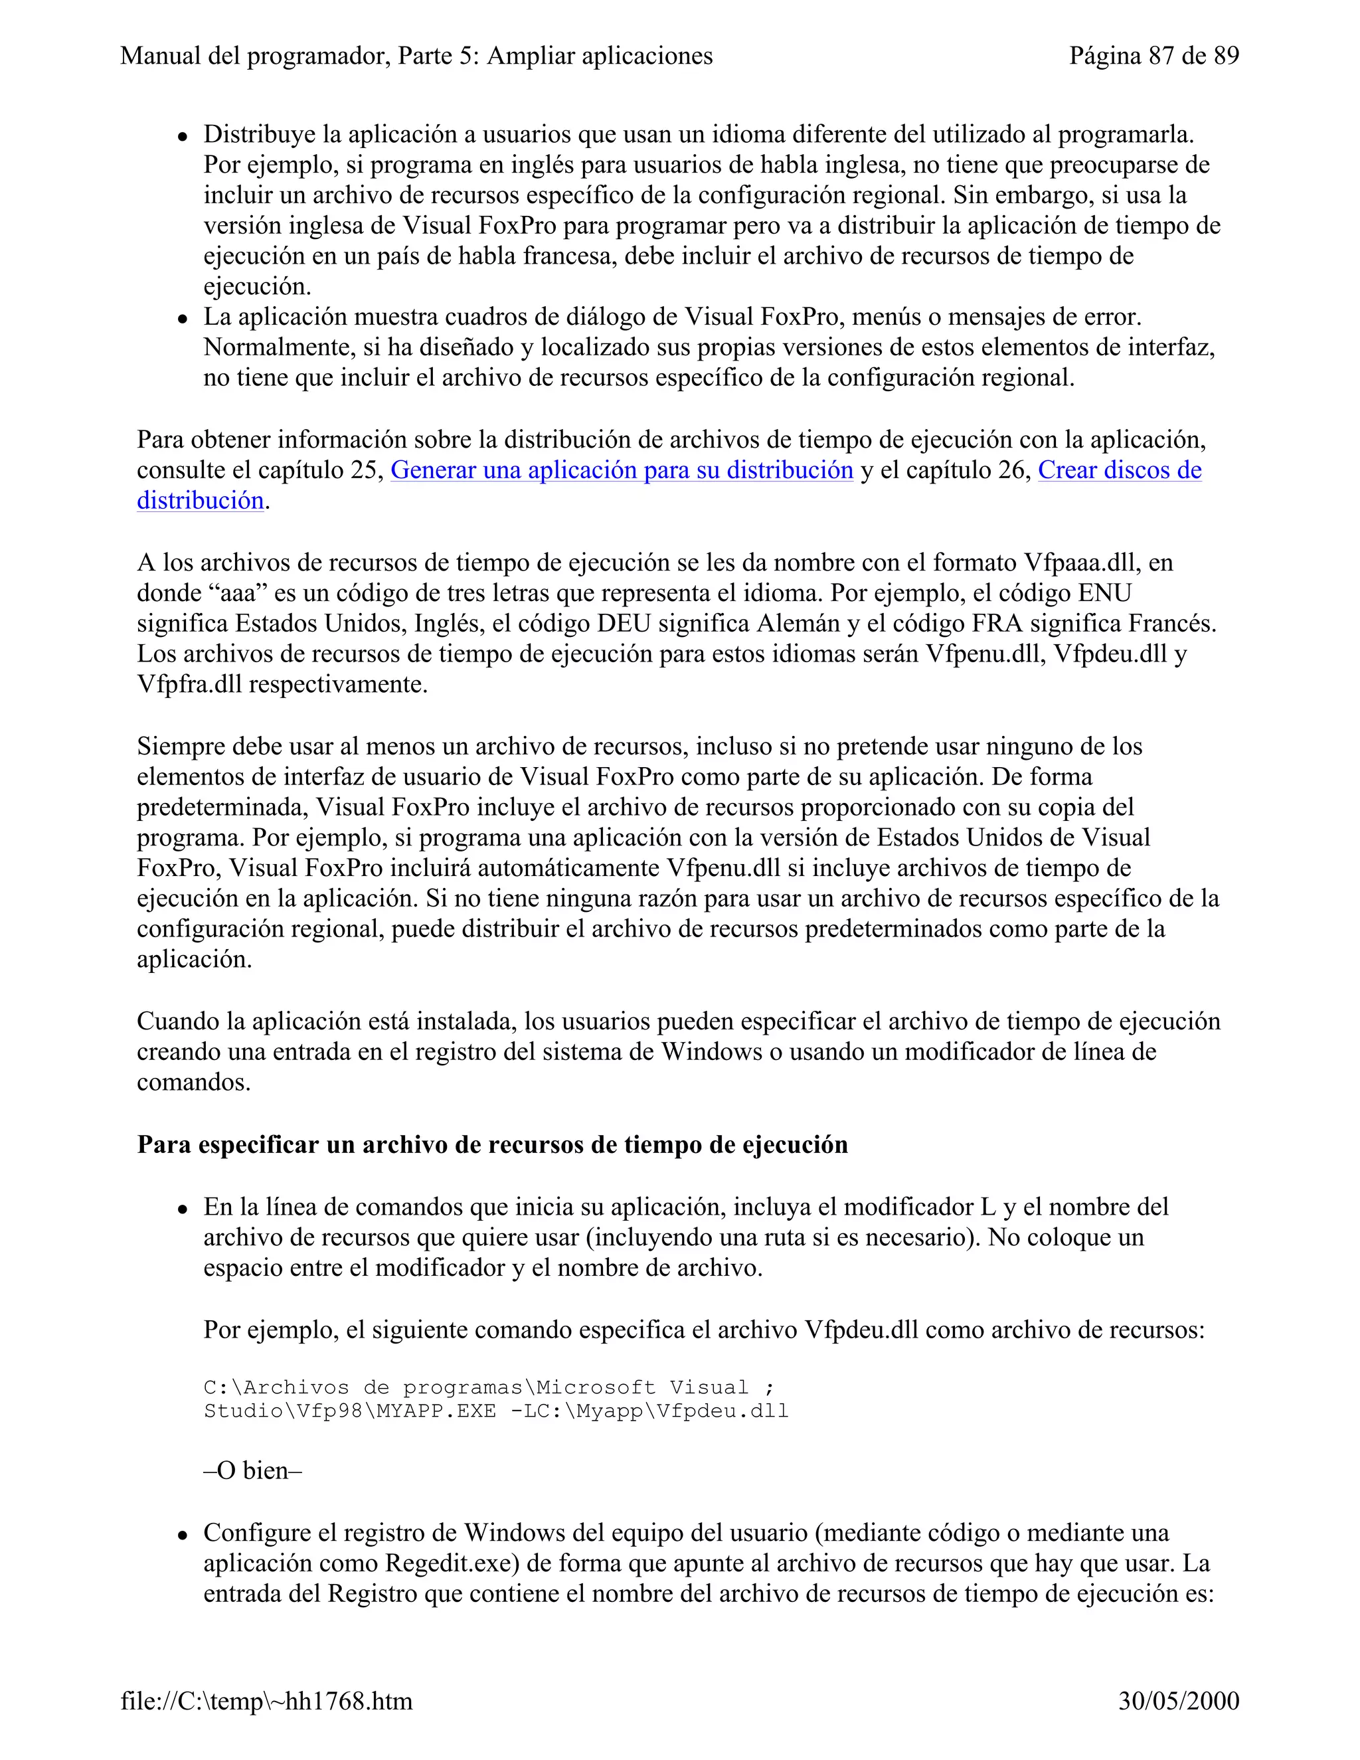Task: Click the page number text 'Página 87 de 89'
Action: pos(1153,56)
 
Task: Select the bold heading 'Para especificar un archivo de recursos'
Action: pos(492,1144)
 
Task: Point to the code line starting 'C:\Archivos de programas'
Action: pos(489,1387)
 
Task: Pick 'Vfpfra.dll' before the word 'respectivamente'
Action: pos(189,685)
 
